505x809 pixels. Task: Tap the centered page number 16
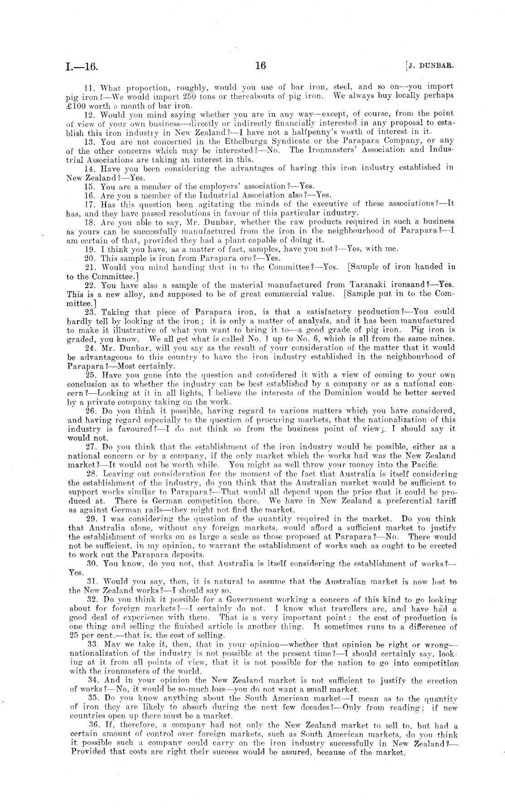click(261, 65)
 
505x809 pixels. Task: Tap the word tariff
click(445, 500)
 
